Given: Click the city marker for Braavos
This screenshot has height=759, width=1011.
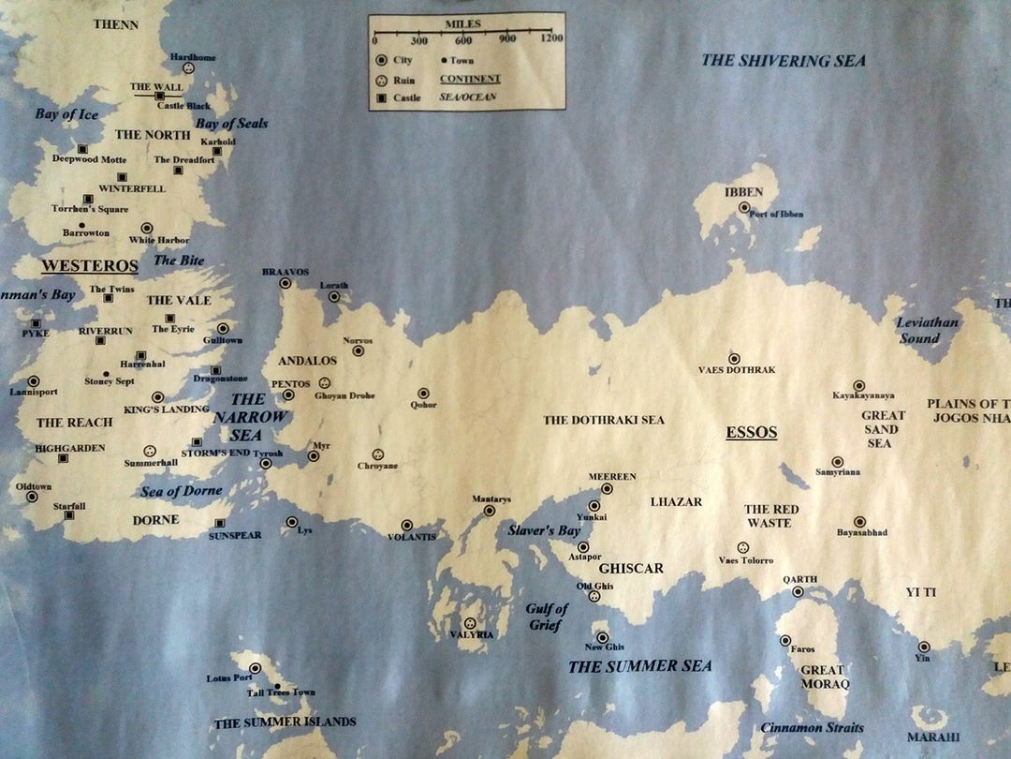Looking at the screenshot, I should pyautogui.click(x=286, y=283).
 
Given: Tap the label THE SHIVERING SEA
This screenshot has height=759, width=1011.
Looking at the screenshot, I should pyautogui.click(x=784, y=61).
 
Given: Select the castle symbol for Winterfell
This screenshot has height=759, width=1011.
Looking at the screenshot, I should pyautogui.click(x=122, y=177).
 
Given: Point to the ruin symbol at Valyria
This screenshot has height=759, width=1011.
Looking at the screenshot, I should pyautogui.click(x=470, y=623).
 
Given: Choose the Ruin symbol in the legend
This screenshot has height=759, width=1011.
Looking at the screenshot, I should pyautogui.click(x=382, y=80).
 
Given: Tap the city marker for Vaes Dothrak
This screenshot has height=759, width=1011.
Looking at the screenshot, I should pyautogui.click(x=734, y=358).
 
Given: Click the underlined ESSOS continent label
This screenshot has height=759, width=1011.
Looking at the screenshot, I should pyautogui.click(x=752, y=433).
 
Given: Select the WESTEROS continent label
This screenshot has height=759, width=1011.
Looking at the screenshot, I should pyautogui.click(x=89, y=266).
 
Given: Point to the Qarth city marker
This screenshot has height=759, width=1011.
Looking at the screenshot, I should pyautogui.click(x=798, y=591).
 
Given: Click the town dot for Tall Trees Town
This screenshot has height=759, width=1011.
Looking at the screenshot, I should pyautogui.click(x=277, y=686).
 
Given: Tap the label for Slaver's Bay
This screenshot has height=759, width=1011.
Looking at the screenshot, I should pyautogui.click(x=544, y=530).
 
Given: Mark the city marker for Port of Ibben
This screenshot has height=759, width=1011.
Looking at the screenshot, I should pyautogui.click(x=744, y=207).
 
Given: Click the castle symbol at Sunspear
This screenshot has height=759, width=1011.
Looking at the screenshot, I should pyautogui.click(x=220, y=524).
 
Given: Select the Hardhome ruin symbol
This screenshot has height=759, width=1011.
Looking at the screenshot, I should pyautogui.click(x=188, y=68).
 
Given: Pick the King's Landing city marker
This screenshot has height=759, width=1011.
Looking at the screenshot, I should pyautogui.click(x=157, y=397).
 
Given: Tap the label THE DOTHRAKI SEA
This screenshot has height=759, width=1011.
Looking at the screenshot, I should pyautogui.click(x=604, y=420).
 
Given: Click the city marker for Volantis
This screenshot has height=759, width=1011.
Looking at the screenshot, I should pyautogui.click(x=406, y=526).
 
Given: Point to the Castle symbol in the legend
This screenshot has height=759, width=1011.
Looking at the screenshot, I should pyautogui.click(x=382, y=97).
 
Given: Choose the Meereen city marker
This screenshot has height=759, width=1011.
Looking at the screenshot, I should pyautogui.click(x=607, y=488).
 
